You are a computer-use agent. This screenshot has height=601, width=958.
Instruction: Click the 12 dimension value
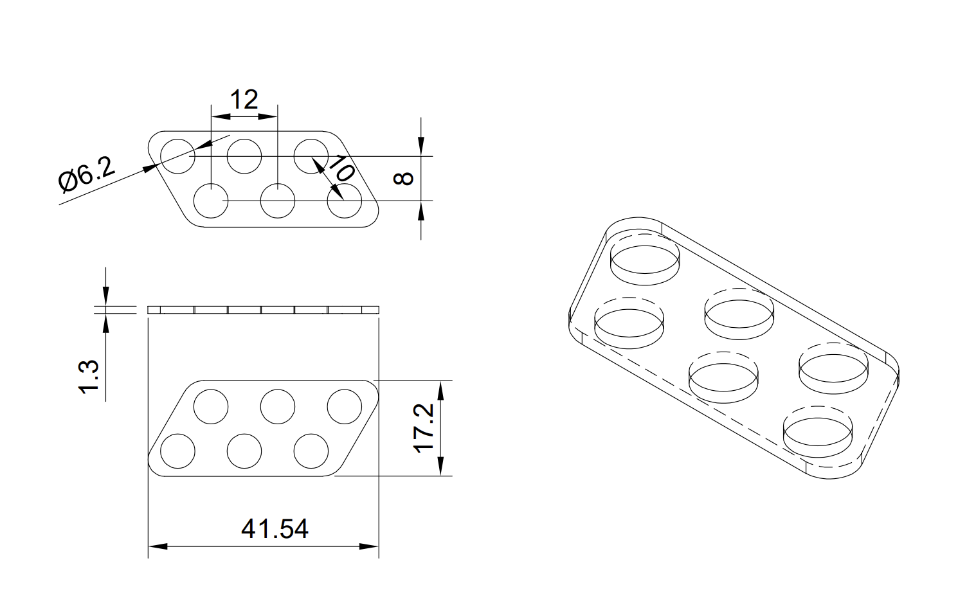coord(244,100)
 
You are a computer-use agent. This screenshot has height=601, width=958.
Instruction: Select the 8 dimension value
coord(403,178)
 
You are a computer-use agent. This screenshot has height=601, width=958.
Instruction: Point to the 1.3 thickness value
coord(89,376)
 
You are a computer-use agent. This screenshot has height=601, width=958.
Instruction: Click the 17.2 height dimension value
coord(424,428)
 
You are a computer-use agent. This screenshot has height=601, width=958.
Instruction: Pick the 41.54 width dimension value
coord(275,529)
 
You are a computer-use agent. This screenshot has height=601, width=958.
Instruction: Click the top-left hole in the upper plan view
coord(177,156)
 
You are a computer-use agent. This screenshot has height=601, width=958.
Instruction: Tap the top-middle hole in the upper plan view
coord(244,156)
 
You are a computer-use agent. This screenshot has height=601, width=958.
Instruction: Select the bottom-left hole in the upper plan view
coord(211,201)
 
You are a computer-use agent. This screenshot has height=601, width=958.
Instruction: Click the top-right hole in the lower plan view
coord(345,406)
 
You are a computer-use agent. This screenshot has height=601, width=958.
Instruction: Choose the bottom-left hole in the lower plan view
coord(177,451)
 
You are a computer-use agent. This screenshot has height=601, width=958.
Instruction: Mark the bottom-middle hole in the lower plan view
coord(244,451)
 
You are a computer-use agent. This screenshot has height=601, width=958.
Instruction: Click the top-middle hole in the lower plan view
coord(278,406)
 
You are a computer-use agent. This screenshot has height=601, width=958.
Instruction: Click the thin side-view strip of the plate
coord(264,310)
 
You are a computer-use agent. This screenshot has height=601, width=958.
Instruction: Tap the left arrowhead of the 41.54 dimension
coord(158,546)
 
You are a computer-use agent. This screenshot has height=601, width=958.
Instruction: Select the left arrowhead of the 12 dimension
coord(221,116)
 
